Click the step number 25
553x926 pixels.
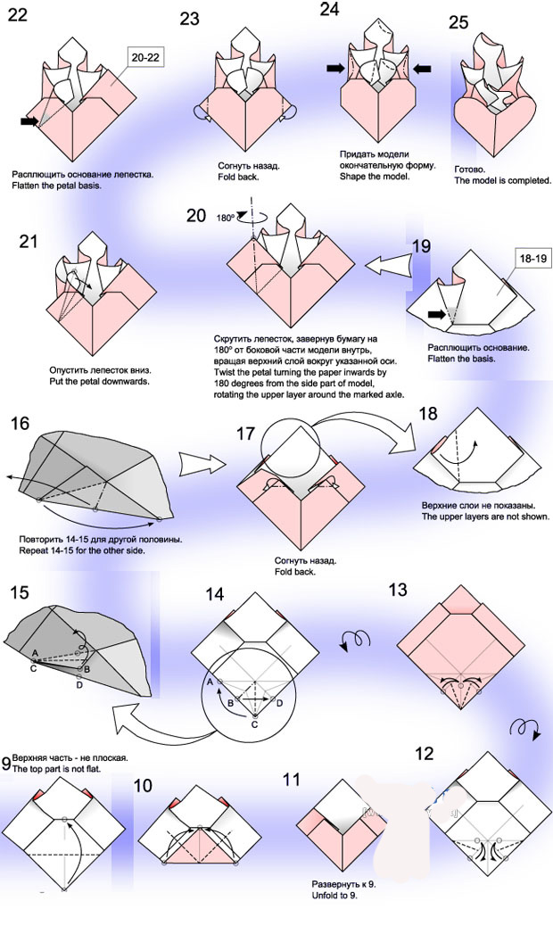(x=458, y=22)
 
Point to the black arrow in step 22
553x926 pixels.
(x=29, y=121)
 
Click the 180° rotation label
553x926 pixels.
(x=227, y=217)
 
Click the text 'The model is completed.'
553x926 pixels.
(x=503, y=180)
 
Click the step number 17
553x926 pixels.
(x=246, y=434)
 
